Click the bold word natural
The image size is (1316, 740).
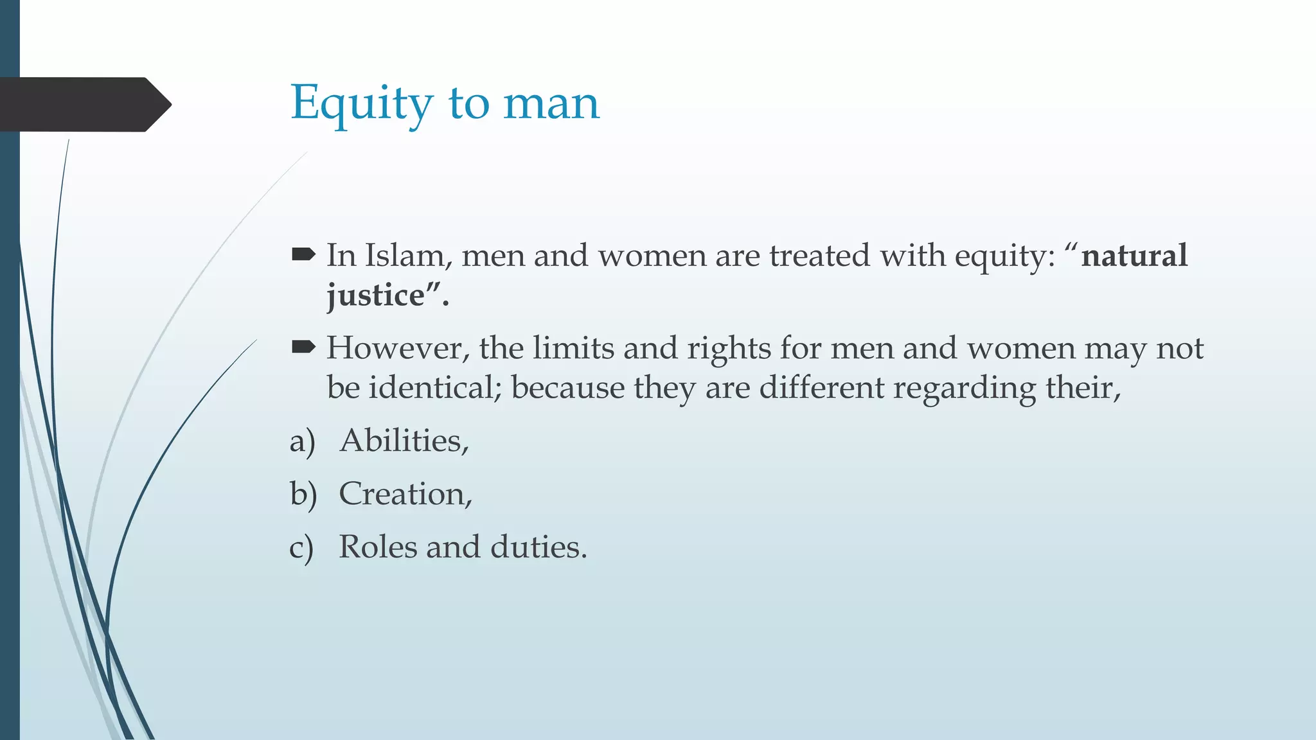[x=1134, y=256]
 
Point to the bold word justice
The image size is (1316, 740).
[x=375, y=295]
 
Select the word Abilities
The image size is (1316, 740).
[x=404, y=441]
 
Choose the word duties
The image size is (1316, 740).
[x=538, y=547]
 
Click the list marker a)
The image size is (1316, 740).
[x=303, y=442]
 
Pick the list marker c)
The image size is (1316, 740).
[x=301, y=549]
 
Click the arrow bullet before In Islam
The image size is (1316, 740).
[x=303, y=255]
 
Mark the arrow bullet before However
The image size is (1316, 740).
[x=303, y=348]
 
